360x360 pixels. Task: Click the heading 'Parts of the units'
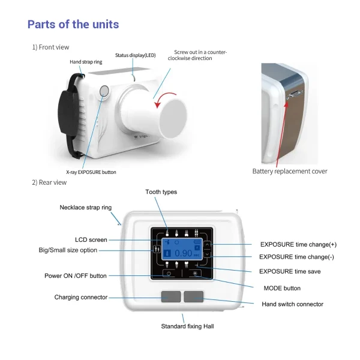[x=73, y=25]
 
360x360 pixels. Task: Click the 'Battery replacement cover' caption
[x=290, y=171]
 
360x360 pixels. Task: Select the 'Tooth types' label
[x=161, y=192]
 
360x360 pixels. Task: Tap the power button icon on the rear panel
[x=169, y=274]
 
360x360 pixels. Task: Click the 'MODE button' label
[x=282, y=288]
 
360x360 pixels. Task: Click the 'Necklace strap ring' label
[x=85, y=208]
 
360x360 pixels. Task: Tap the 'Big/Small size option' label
[x=68, y=250]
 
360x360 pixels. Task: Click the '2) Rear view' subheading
[x=49, y=182]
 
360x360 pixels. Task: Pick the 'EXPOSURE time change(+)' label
[x=298, y=245]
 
